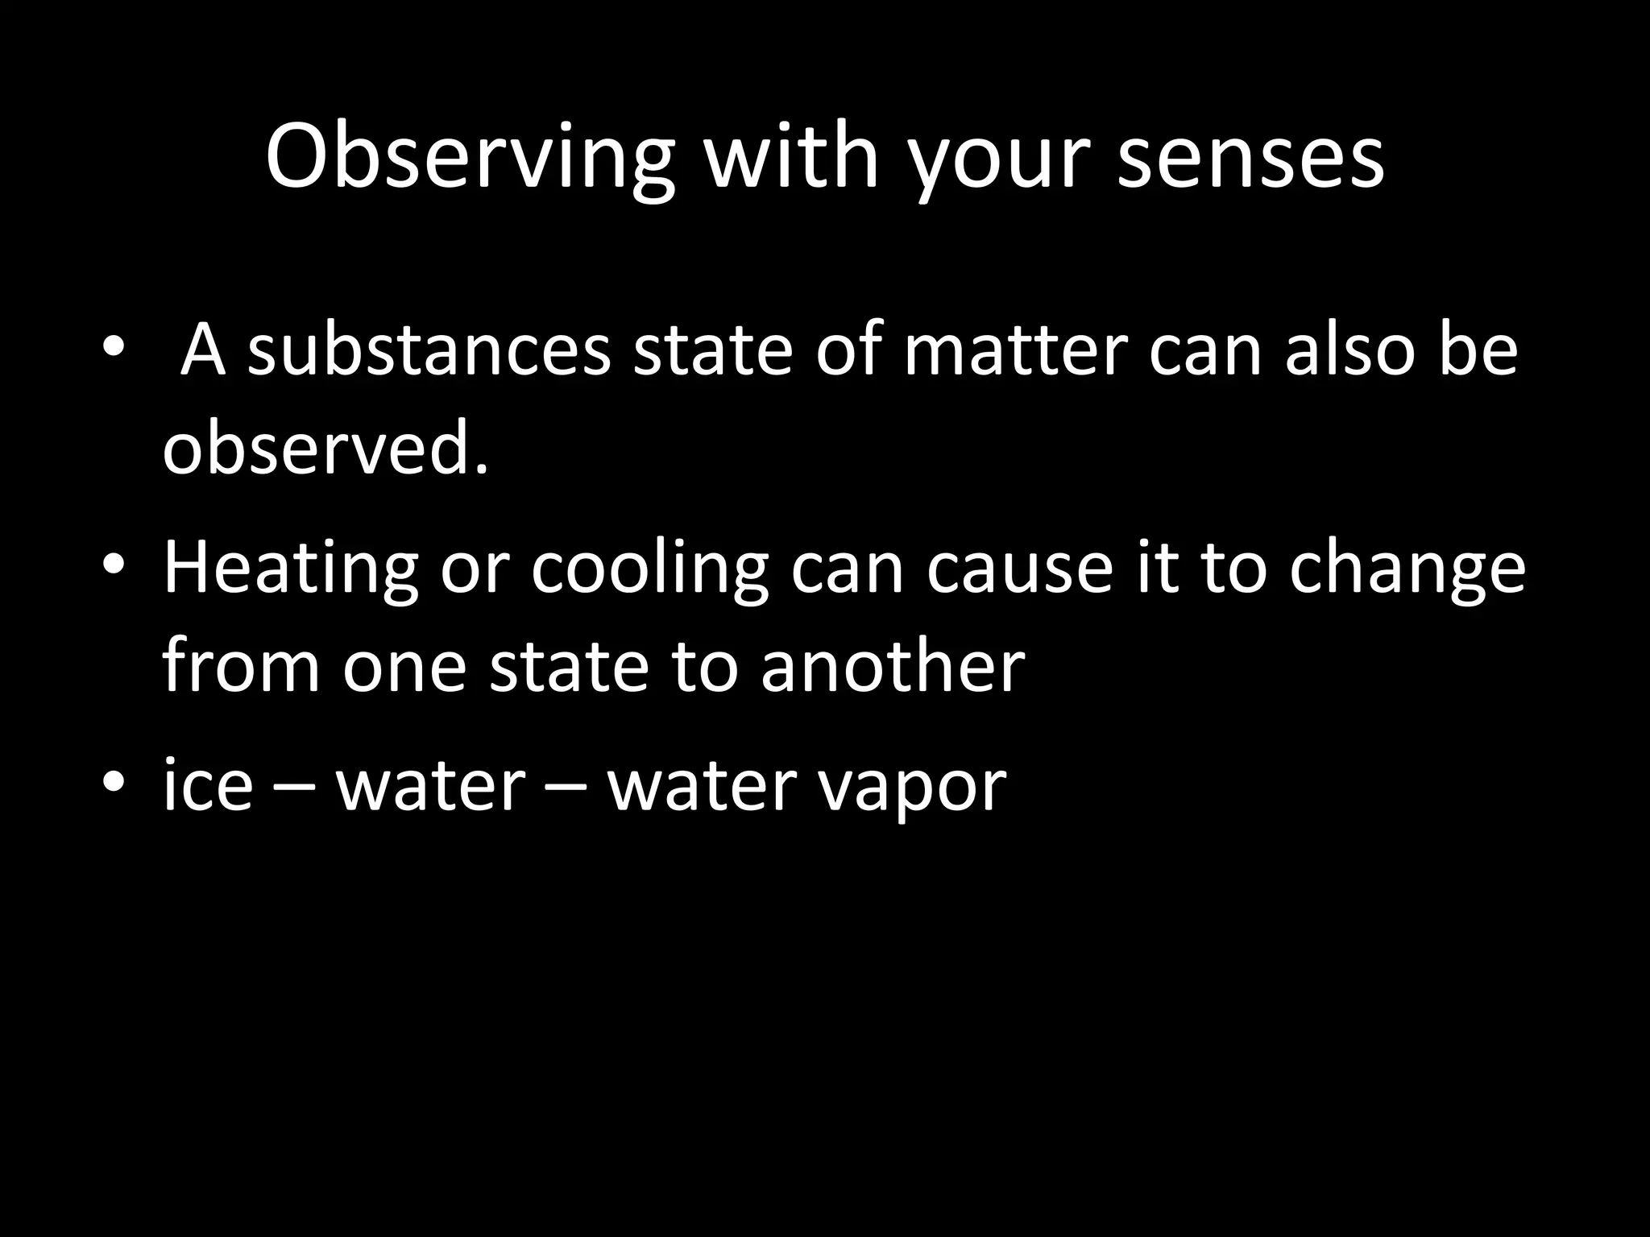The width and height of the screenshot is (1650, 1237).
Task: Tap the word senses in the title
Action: coord(1250,158)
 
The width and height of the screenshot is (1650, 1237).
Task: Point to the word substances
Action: coord(429,350)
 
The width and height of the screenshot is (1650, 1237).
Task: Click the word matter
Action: coord(1014,350)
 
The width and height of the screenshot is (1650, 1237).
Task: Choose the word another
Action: coord(893,667)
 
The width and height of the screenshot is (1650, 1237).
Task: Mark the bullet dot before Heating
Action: coord(114,564)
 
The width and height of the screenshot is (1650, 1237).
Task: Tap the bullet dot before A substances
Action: coord(114,346)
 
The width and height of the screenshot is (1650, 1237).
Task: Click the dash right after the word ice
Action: coord(293,788)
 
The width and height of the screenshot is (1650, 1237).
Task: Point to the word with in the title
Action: coord(790,158)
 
